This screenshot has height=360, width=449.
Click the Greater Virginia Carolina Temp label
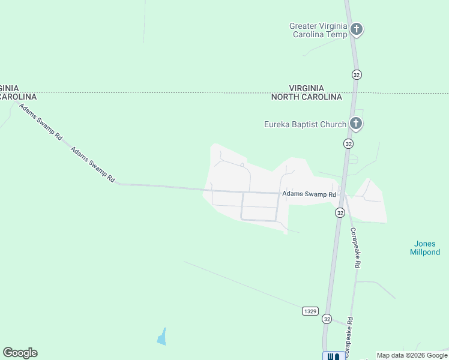[x=318, y=30]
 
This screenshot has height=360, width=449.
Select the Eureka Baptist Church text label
[x=305, y=124]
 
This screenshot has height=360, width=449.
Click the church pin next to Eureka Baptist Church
[x=356, y=124]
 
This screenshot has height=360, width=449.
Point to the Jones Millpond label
[x=425, y=248]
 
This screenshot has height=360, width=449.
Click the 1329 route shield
[x=310, y=311]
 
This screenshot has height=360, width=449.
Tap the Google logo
[x=20, y=353]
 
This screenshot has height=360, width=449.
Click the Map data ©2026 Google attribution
[x=412, y=355]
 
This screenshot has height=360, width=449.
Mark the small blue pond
[x=161, y=337]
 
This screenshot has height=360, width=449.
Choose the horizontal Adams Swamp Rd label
[x=309, y=194]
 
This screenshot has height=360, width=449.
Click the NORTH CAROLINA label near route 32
[x=306, y=97]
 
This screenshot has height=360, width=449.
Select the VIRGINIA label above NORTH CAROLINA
[x=306, y=88]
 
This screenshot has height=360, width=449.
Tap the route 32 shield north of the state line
[x=357, y=74]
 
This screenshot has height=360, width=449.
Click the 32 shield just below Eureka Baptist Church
[x=348, y=143]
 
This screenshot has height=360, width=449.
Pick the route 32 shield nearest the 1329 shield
[x=327, y=318]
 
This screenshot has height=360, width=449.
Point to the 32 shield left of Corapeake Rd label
[x=340, y=213]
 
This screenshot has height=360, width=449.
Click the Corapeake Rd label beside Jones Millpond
[x=355, y=247]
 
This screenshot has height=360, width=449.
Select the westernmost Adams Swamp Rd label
[x=40, y=122]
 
